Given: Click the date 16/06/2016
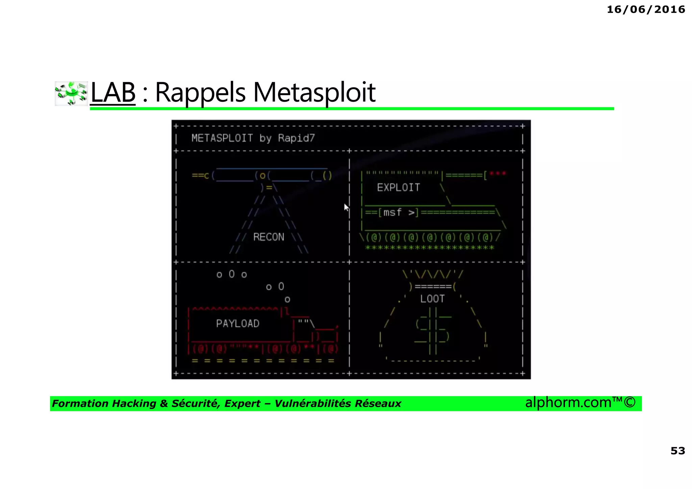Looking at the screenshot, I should [x=646, y=9].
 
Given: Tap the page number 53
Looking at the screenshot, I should [x=677, y=450].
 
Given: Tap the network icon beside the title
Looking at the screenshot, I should [x=71, y=93].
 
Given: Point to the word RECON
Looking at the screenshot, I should [x=269, y=237].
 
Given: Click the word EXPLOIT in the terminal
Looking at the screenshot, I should [x=398, y=188].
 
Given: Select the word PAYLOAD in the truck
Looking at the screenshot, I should [x=238, y=323].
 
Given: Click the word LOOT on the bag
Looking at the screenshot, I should [x=432, y=299].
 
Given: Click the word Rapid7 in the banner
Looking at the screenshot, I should [x=296, y=138].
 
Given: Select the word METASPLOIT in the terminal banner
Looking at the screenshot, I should [x=222, y=138].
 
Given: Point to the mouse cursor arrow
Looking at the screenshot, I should [x=346, y=207].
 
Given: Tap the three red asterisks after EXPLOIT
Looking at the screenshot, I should [x=498, y=174].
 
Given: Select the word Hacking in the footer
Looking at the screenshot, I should [x=134, y=404].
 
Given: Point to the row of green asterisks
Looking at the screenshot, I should [x=429, y=248].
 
